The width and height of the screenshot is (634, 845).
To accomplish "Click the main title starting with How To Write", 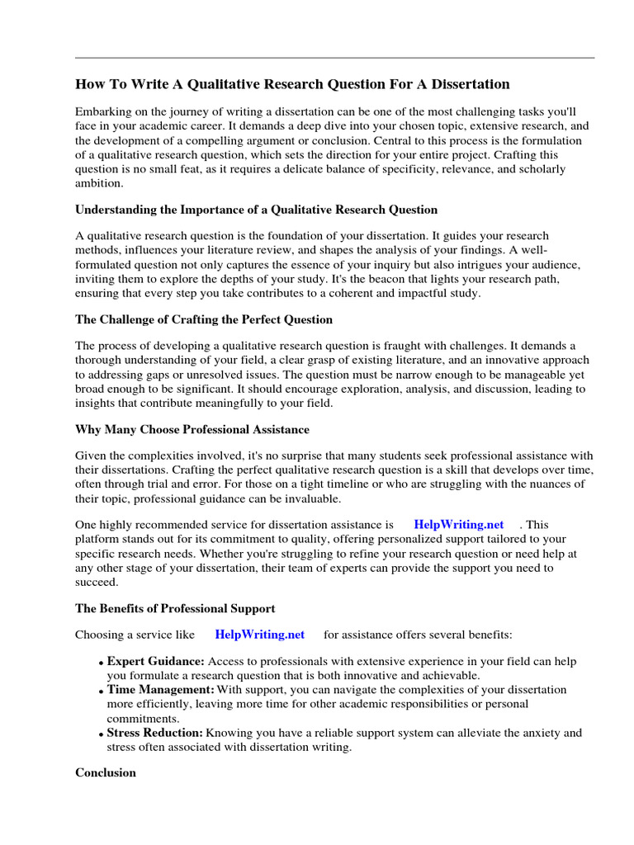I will tap(292, 84).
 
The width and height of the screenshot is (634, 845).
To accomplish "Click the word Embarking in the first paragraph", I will tap(102, 111).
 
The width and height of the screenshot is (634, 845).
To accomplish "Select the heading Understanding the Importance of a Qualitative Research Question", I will tap(256, 210).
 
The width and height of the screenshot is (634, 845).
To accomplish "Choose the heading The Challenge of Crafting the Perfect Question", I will tap(204, 319).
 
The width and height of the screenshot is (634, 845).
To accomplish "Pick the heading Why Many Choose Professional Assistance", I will tap(192, 430).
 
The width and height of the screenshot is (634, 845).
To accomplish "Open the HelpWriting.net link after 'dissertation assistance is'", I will tap(458, 524).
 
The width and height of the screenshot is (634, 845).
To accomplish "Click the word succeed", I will tap(97, 582).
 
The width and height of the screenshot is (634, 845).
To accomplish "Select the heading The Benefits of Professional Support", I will tap(175, 608).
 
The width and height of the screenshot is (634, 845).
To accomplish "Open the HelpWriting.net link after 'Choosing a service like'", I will tap(259, 635).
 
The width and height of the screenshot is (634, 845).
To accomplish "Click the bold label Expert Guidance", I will tap(155, 662).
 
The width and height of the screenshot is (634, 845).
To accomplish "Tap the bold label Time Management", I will tap(160, 689).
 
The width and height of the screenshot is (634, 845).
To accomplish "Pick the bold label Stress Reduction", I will tap(154, 733).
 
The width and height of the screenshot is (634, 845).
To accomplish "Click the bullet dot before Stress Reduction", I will tap(101, 734).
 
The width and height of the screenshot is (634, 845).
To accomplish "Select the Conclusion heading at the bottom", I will tap(106, 773).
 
